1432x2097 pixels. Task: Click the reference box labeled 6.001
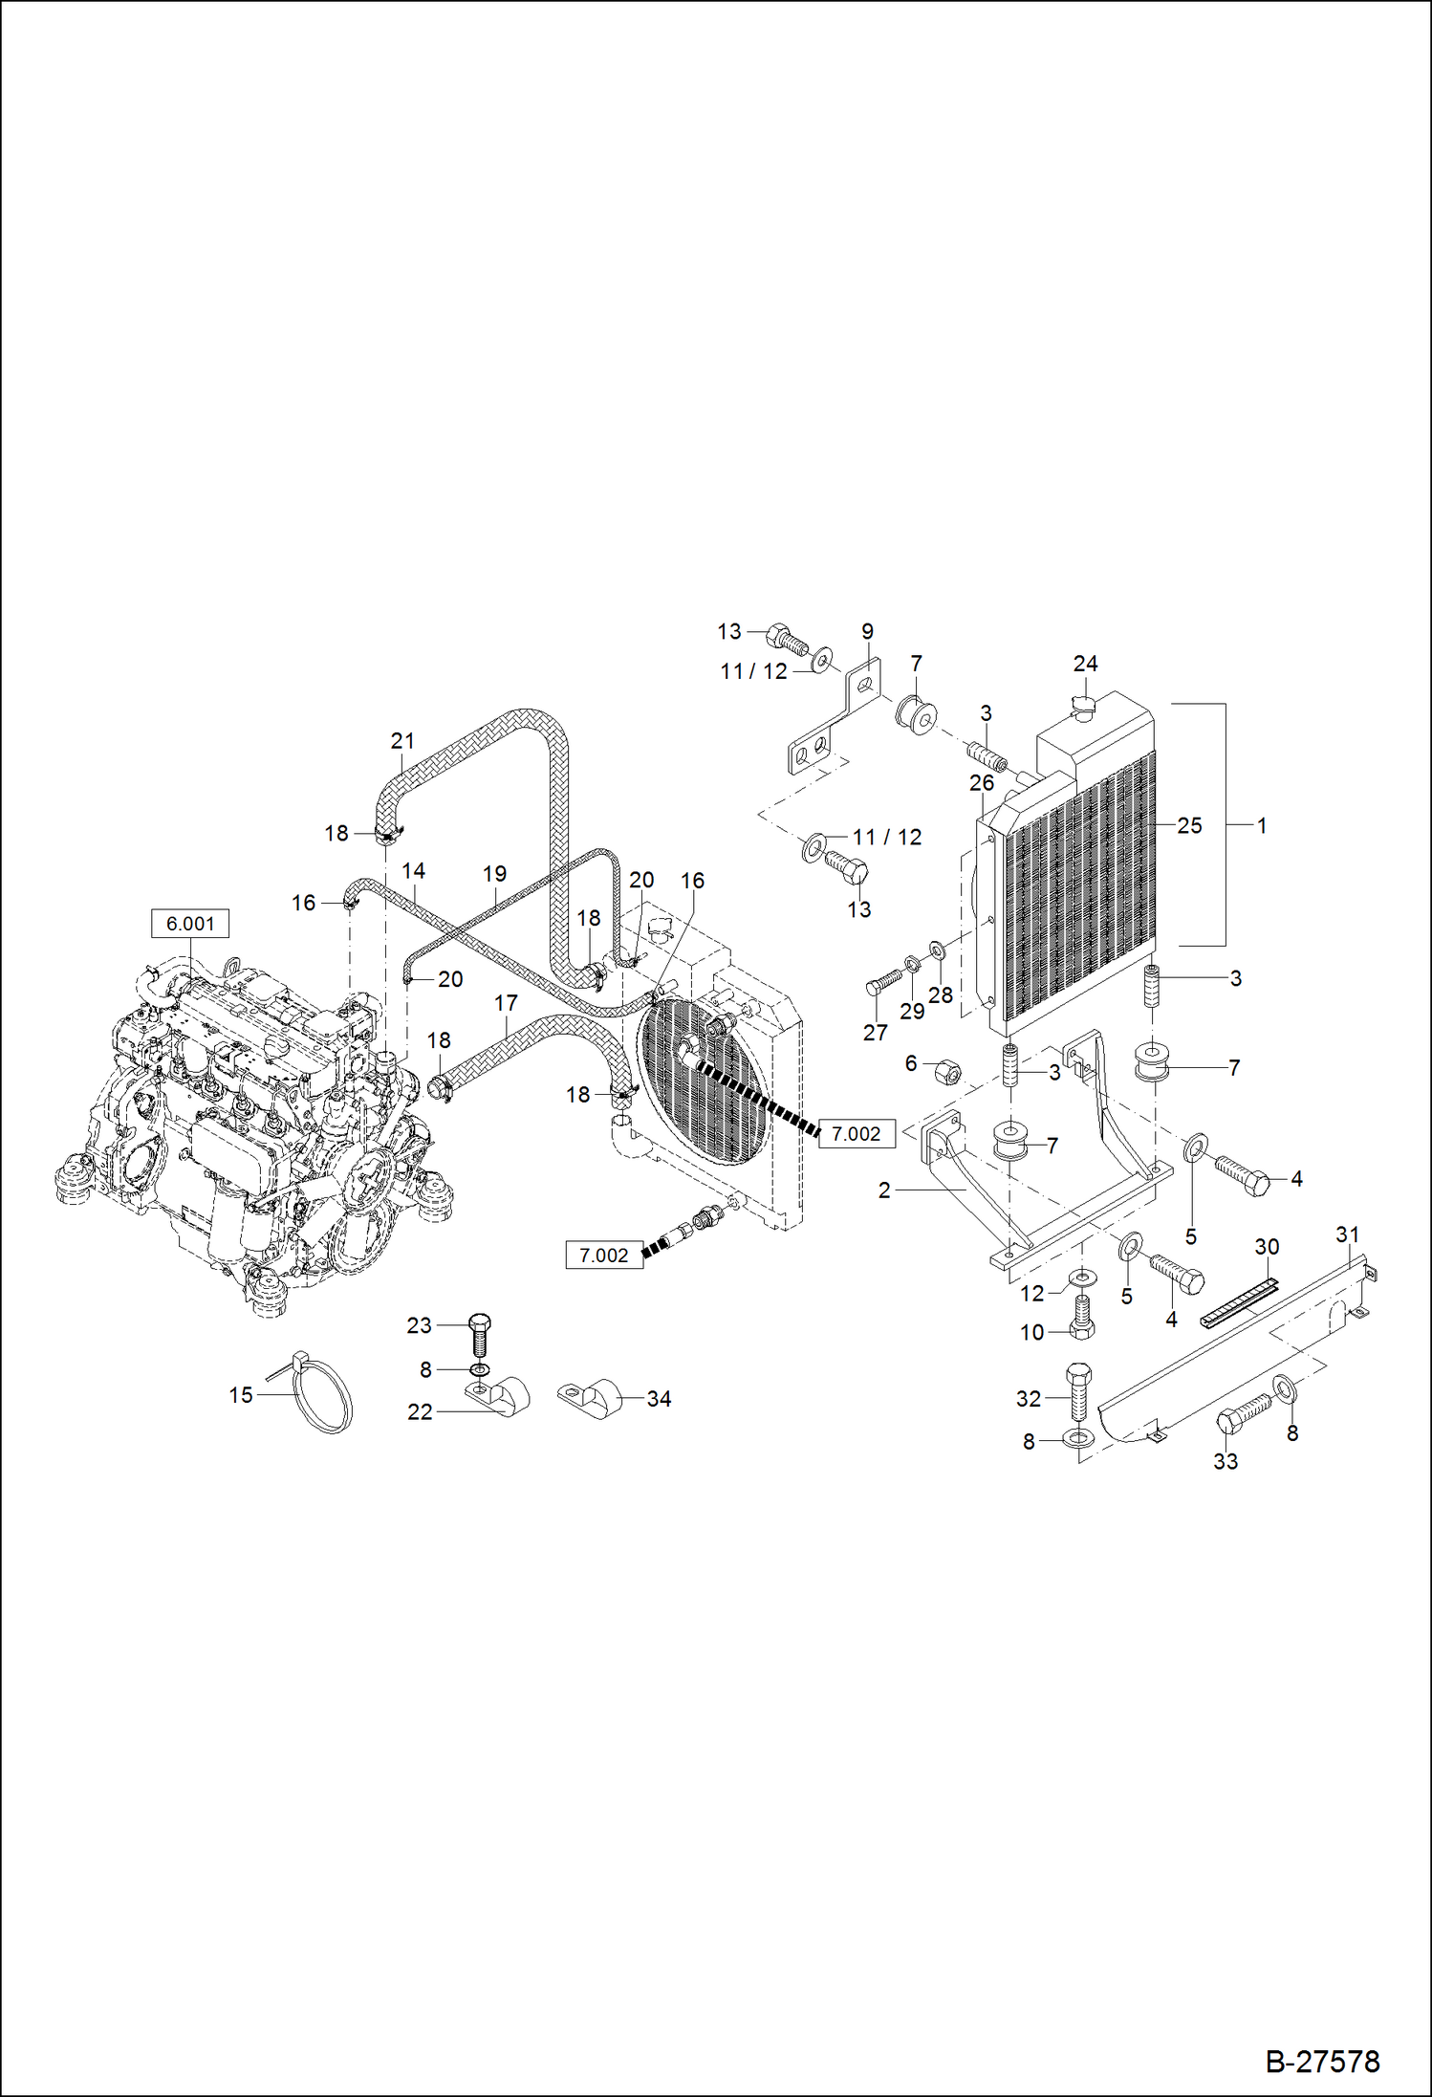point(190,924)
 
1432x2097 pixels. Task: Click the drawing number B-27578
point(1322,2061)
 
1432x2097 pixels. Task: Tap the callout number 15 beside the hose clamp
point(241,1395)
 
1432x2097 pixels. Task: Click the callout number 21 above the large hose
point(402,741)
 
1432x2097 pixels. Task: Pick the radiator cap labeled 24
point(1083,708)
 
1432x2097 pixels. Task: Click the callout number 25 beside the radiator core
point(1189,825)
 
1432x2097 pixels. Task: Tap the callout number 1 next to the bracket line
point(1262,825)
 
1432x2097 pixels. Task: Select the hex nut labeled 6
point(946,1072)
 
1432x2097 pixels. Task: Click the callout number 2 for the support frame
point(884,1190)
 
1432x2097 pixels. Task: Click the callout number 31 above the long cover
point(1347,1234)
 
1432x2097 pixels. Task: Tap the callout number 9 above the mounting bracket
point(867,631)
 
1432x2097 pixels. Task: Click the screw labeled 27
point(885,983)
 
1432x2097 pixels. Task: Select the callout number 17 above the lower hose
point(506,1002)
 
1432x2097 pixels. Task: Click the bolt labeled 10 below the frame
point(1081,1319)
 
